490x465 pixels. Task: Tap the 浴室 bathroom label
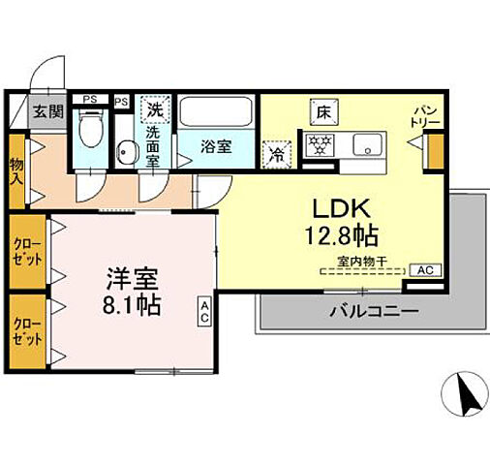(x=216, y=148)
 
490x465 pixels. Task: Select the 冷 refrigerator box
(x=278, y=152)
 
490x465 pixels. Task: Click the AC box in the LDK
(x=424, y=270)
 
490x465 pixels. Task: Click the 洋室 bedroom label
(x=133, y=279)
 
